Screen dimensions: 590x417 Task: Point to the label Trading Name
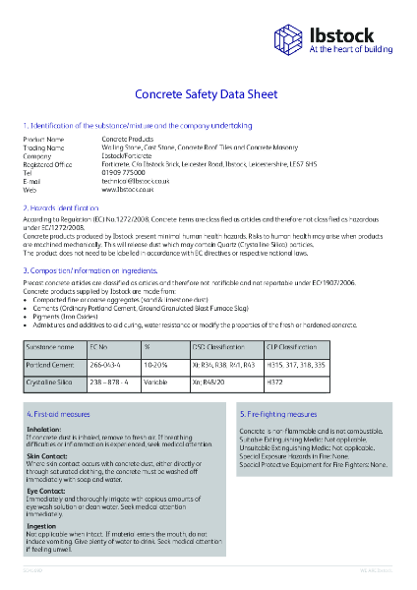[43, 147]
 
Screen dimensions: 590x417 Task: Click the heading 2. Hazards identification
[61, 209]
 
